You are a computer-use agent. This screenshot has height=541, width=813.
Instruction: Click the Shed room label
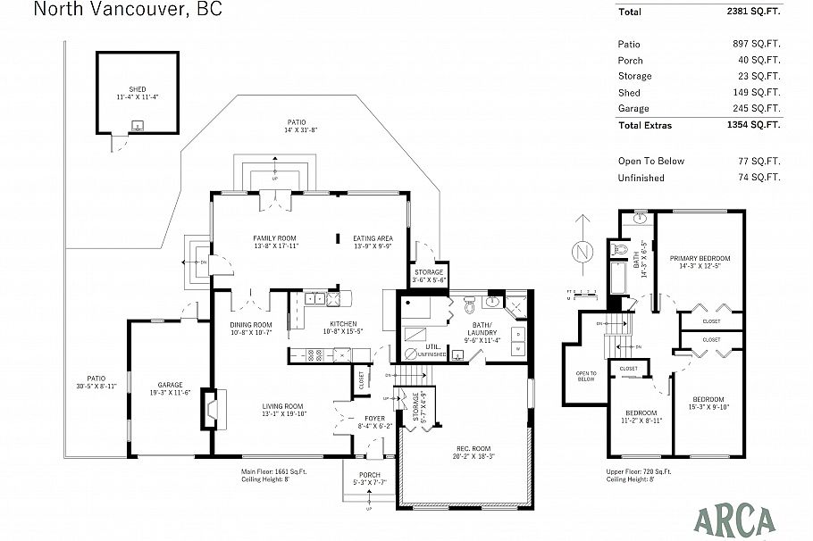pos(137,89)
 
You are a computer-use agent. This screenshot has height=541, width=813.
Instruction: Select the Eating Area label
pos(373,238)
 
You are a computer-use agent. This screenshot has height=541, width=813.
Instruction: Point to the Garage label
pos(170,385)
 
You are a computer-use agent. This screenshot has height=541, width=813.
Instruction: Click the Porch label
pos(369,475)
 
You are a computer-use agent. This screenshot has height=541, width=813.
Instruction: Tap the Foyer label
pos(373,418)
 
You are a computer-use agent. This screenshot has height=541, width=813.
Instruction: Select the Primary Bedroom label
pos(700,258)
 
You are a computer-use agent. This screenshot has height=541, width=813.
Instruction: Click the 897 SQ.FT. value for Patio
pos(755,44)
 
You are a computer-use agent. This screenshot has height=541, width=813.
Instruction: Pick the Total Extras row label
pos(644,125)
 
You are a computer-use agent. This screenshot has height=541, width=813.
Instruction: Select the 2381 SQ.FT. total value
pos(755,12)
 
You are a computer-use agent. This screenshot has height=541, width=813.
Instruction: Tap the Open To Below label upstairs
pos(586,376)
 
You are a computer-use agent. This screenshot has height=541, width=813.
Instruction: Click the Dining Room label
pos(250,325)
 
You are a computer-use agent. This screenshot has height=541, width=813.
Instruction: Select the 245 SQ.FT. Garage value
pos(755,108)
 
